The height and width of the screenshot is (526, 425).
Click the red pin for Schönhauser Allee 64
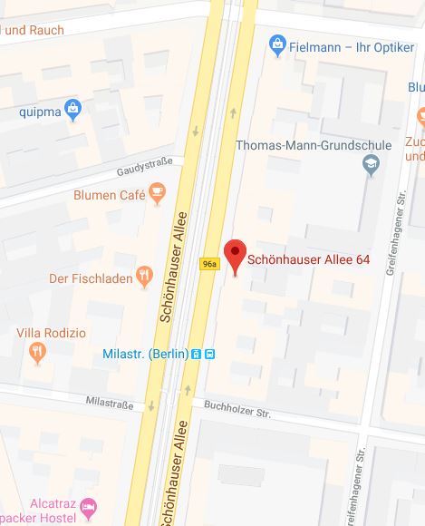[x=235, y=253]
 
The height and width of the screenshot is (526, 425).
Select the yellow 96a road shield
[x=209, y=264]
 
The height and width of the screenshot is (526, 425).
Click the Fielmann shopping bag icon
[x=280, y=43]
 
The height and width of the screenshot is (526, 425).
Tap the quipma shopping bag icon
[x=74, y=112]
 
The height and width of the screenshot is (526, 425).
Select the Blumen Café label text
[x=107, y=195]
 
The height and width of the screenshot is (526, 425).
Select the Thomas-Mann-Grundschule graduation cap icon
[x=371, y=164]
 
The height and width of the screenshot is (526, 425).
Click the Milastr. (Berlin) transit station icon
[x=209, y=354]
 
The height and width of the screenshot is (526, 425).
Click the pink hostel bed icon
[x=88, y=505]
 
